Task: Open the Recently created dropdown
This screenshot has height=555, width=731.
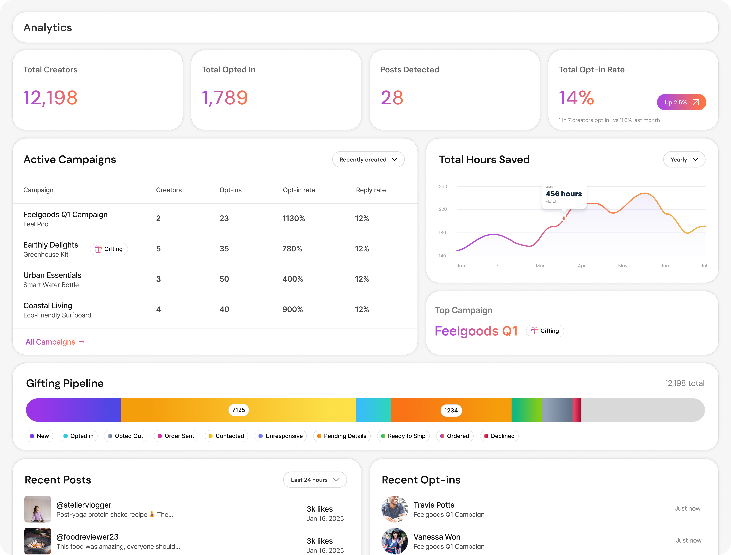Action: [368, 159]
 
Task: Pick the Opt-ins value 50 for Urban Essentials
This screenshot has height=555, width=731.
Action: [224, 279]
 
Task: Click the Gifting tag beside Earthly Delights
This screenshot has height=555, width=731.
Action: [109, 249]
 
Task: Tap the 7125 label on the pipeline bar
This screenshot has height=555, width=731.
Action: [238, 410]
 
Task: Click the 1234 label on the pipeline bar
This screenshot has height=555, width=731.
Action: [451, 410]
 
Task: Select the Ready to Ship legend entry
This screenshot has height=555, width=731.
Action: [403, 436]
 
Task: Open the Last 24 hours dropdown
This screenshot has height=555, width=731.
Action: [315, 480]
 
